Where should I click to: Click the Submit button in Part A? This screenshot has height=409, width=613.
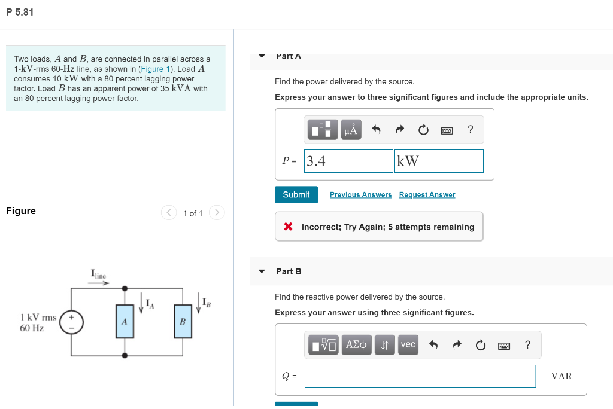coord(296,195)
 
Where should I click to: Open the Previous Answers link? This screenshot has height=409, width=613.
coord(360,195)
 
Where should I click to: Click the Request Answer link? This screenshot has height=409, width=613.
coord(427,195)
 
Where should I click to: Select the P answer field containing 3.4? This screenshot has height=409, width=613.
coord(348,161)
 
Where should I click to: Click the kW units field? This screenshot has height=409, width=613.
coord(438,161)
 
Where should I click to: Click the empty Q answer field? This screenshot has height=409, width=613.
coord(420,376)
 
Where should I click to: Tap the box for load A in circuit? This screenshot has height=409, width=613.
coord(125,322)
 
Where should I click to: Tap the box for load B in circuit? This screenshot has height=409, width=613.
coord(183,322)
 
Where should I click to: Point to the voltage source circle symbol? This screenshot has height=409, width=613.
coord(71,322)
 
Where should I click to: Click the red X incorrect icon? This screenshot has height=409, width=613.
coord(288,227)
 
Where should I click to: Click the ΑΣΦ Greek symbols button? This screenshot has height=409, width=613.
coord(357,344)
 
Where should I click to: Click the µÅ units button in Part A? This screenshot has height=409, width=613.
coord(351,130)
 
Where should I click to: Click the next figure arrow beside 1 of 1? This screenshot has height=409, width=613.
coord(217,213)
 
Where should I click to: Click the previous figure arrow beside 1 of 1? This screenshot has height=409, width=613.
coord(169,213)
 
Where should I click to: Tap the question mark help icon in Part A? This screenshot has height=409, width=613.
coord(471,130)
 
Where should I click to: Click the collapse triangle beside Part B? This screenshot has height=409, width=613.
coord(262,271)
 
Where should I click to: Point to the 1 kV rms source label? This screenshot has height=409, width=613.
coord(38,317)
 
